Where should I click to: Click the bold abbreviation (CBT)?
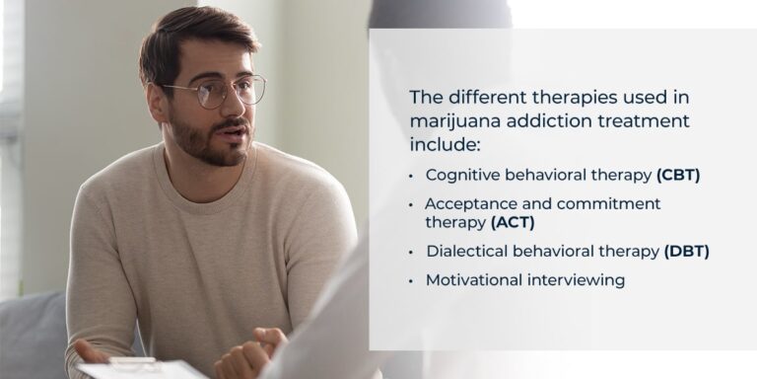(678, 175)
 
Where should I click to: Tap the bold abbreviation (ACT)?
(513, 222)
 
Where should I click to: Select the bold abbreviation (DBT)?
(687, 251)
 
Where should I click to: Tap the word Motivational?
(474, 280)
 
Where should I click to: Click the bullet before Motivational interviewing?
(412, 281)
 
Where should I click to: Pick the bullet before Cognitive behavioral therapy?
(412, 176)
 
